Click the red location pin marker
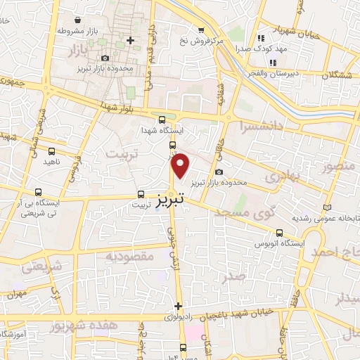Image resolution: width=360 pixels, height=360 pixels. pos(181,166)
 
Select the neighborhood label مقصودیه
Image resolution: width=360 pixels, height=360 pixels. pos(129,257)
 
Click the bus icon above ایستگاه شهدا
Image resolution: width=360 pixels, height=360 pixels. pos(162,120)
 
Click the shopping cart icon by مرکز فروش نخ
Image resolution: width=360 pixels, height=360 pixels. pos(202,30)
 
